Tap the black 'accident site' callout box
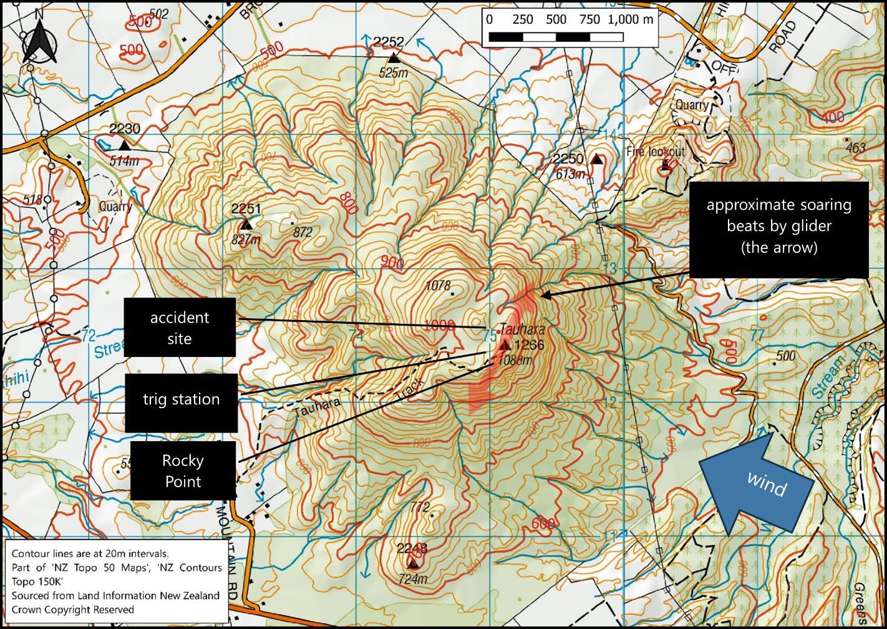180,328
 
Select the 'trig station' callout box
181,399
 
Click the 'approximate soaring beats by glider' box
778,227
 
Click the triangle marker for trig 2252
394,58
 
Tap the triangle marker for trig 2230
125,145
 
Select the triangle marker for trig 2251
246,225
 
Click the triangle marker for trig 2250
597,159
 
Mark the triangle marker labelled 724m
413,564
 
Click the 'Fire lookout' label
656,152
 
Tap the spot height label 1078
437,286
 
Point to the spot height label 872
302,232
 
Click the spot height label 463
856,148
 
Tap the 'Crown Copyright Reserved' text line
72,609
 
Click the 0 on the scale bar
489,19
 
